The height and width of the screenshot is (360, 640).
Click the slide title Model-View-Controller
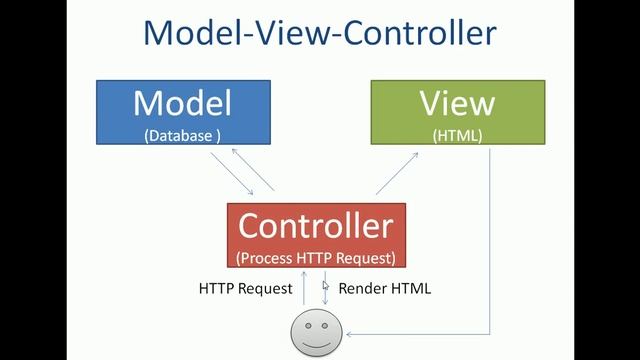tap(319, 32)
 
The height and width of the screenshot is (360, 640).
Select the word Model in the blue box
tap(182, 104)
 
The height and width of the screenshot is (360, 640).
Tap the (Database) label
tap(182, 135)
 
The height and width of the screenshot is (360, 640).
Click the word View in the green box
tap(456, 104)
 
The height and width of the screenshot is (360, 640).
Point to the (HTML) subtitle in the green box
tap(457, 135)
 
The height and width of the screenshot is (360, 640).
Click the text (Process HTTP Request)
tap(315, 257)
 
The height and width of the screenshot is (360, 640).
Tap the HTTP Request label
tap(245, 289)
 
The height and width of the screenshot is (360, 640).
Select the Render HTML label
tap(385, 289)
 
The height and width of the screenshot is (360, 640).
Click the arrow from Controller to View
tap(398, 172)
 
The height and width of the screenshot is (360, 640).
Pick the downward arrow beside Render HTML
tap(324, 296)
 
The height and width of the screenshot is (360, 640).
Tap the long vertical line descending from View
tap(491, 240)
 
